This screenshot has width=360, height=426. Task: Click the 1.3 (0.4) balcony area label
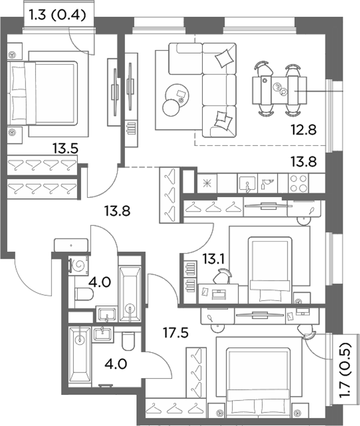point(57,15)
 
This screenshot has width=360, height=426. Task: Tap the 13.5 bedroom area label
point(66,149)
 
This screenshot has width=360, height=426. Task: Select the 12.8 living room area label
point(304,130)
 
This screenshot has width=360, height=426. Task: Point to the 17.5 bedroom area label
point(176,333)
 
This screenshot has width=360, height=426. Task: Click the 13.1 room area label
point(213,260)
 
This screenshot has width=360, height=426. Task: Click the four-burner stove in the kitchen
point(298,183)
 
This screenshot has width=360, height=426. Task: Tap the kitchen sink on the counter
point(247,183)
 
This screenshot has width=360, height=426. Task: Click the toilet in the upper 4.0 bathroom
point(84,294)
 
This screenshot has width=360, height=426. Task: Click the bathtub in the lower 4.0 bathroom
point(79,356)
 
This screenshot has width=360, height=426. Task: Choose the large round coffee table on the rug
point(177,95)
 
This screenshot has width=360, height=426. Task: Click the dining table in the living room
point(279,90)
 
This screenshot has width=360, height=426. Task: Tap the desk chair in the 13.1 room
point(222,276)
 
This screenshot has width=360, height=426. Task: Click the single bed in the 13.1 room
point(270,270)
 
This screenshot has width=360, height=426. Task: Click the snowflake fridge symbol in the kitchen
point(207,183)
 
